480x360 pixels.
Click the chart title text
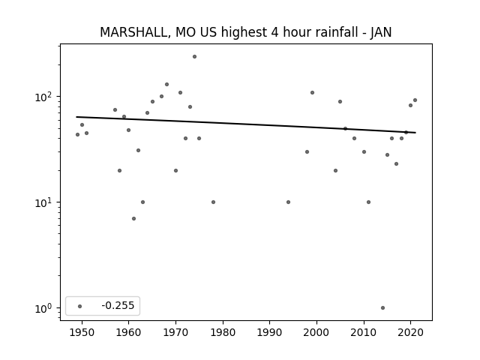click(x=246, y=32)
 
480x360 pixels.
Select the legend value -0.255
click(x=118, y=305)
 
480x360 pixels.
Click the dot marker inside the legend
click(x=80, y=306)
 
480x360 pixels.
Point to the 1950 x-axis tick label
click(x=82, y=332)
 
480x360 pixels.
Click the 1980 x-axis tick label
click(x=223, y=332)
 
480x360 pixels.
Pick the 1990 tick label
click(x=270, y=332)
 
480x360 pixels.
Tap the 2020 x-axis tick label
click(x=411, y=332)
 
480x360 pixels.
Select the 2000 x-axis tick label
click(x=316, y=332)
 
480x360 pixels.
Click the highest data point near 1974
click(x=194, y=57)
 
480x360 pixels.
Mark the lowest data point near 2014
click(x=382, y=308)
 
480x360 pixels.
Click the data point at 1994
click(x=288, y=202)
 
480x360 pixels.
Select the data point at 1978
click(x=213, y=202)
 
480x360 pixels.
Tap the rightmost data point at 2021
click(x=415, y=100)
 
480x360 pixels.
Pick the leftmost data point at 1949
click(x=77, y=135)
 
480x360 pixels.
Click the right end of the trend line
click(x=415, y=133)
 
